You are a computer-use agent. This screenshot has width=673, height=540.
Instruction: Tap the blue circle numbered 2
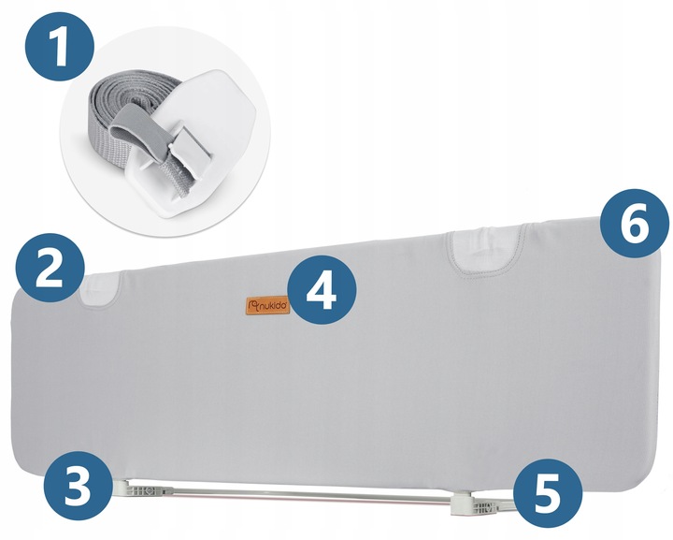coord(50,268)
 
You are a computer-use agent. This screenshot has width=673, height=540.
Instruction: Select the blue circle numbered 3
coord(78,486)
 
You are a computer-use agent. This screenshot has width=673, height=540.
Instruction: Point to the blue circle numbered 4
coord(322,289)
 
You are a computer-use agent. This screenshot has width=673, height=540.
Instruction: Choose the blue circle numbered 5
coord(548,493)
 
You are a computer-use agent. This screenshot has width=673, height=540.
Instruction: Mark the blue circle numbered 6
coord(635,224)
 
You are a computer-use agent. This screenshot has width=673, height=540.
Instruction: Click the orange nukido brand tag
coord(267,305)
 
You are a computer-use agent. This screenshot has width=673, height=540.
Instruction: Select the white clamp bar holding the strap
coord(189,152)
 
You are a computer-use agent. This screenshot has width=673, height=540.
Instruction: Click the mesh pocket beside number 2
coord(100,290)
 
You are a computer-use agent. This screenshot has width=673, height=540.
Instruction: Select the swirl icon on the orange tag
coord(253,306)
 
